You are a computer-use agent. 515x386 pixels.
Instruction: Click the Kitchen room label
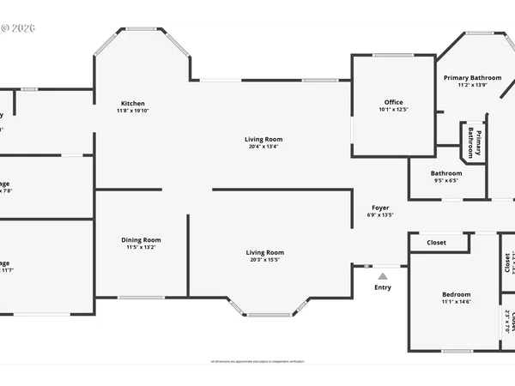coord(133,103)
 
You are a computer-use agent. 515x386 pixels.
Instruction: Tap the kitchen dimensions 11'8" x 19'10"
coord(133,112)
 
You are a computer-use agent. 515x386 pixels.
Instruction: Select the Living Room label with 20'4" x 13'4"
coord(264,139)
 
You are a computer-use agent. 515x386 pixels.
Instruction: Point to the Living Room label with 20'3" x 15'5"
coord(264,252)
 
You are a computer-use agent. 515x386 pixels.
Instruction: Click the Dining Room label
coord(140,240)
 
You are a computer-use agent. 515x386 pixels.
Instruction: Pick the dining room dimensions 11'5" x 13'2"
coord(140,249)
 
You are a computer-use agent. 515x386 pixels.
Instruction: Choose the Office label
coord(393,102)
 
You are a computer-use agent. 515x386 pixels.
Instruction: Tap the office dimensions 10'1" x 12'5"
coord(393,110)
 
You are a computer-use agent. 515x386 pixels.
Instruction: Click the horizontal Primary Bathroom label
coord(472,77)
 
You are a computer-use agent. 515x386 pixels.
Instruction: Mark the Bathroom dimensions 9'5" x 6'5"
coord(445,181)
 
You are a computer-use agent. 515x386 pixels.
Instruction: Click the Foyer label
coord(380,208)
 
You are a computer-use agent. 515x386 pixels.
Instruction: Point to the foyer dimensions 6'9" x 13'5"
coord(380,215)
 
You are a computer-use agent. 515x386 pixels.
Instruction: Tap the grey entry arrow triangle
coord(383,275)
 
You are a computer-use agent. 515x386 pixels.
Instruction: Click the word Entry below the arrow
coord(383,287)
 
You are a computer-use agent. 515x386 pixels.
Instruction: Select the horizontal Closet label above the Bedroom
coord(437,243)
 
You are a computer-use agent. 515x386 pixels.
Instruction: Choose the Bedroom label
coord(455,293)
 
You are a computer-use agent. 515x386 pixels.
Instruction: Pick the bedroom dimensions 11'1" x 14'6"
coord(455,301)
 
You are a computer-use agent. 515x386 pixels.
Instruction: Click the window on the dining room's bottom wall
coord(142,298)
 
